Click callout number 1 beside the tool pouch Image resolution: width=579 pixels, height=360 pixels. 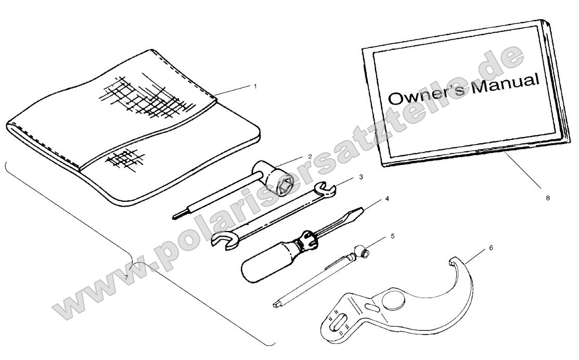[x=255, y=86]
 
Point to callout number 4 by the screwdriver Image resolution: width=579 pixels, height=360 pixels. [x=387, y=199]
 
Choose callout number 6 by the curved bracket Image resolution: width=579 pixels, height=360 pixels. [x=491, y=248]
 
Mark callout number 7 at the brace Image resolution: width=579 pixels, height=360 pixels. [x=126, y=277]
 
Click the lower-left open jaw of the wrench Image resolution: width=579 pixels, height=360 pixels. [x=223, y=240]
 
